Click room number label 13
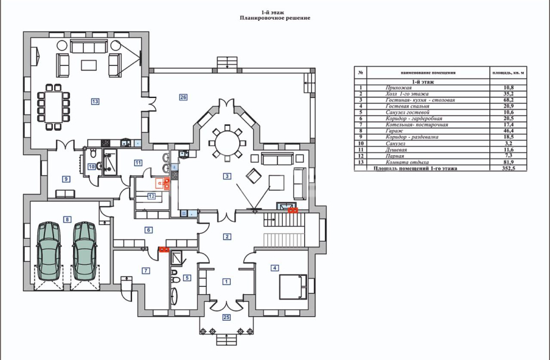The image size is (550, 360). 95,102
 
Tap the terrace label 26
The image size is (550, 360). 184,97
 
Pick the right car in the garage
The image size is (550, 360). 84,251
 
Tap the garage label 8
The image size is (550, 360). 67,220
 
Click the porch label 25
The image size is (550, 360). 226,318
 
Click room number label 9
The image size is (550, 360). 66,178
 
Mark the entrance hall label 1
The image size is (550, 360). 226,281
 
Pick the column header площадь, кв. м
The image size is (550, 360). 508,73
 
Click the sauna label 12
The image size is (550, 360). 151,195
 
